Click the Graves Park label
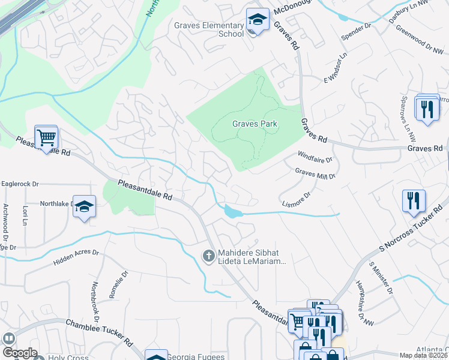tap(255, 124)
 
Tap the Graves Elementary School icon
tap(258, 22)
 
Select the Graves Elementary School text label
tap(209, 29)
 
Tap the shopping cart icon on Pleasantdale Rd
tap(46, 138)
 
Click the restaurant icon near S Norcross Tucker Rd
tap(414, 201)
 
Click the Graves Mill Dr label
tap(315, 173)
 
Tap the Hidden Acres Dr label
tap(76, 256)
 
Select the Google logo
tap(19, 353)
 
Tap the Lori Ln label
tap(25, 215)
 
